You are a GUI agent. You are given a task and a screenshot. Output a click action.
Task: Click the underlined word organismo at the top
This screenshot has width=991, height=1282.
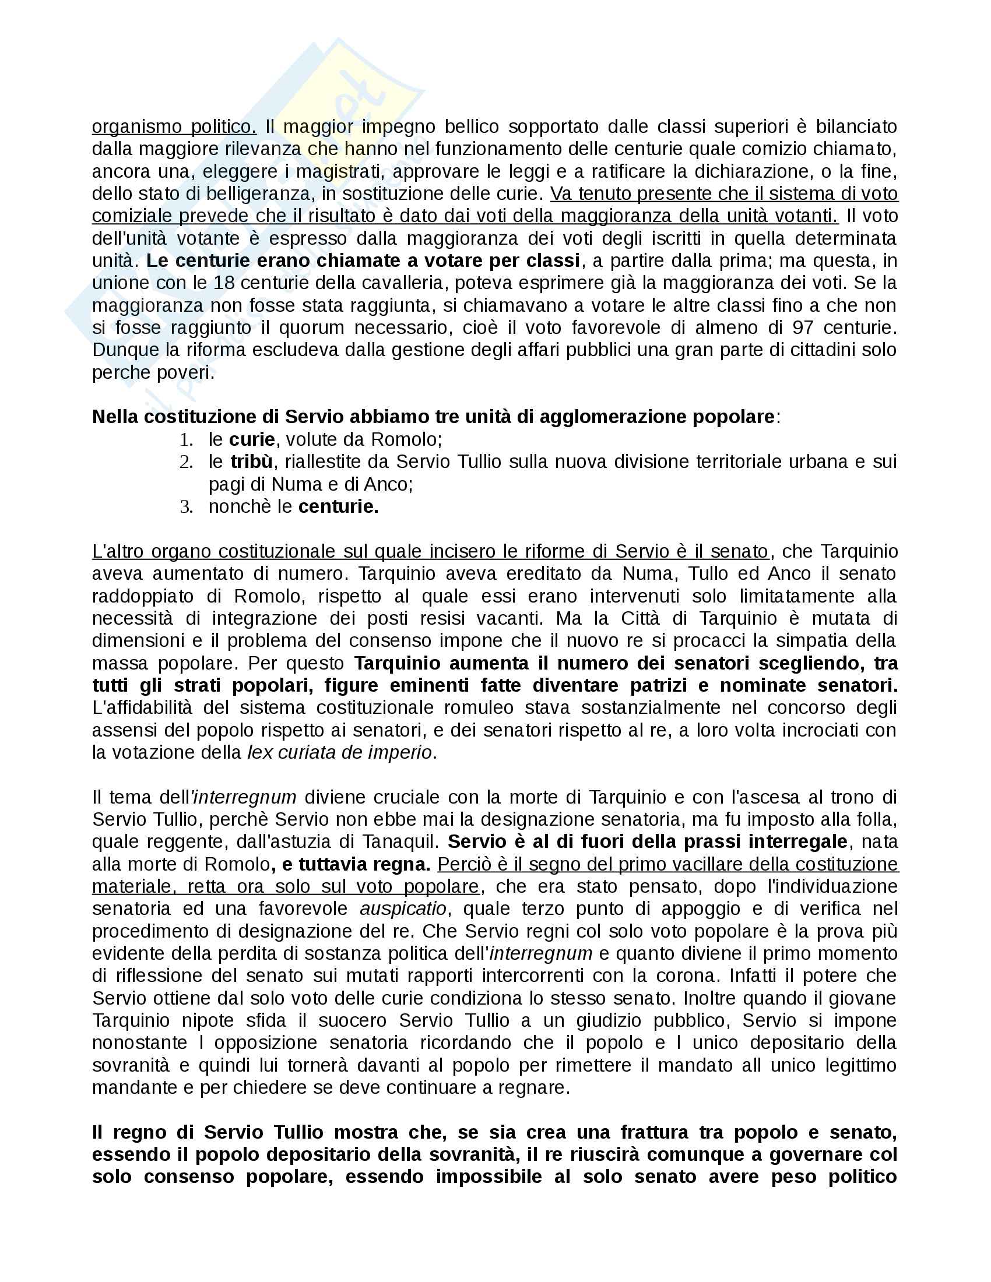click(135, 127)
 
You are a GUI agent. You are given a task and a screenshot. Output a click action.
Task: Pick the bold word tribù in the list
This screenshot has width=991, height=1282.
click(251, 462)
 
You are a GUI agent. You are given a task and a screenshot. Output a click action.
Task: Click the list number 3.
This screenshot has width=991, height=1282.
click(186, 506)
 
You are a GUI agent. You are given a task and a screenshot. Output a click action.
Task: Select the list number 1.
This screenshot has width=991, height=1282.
click(186, 439)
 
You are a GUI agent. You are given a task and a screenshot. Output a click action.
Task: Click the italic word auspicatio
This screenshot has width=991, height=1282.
click(403, 908)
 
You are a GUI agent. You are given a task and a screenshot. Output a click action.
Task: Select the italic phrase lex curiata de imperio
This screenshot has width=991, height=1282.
click(339, 752)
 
